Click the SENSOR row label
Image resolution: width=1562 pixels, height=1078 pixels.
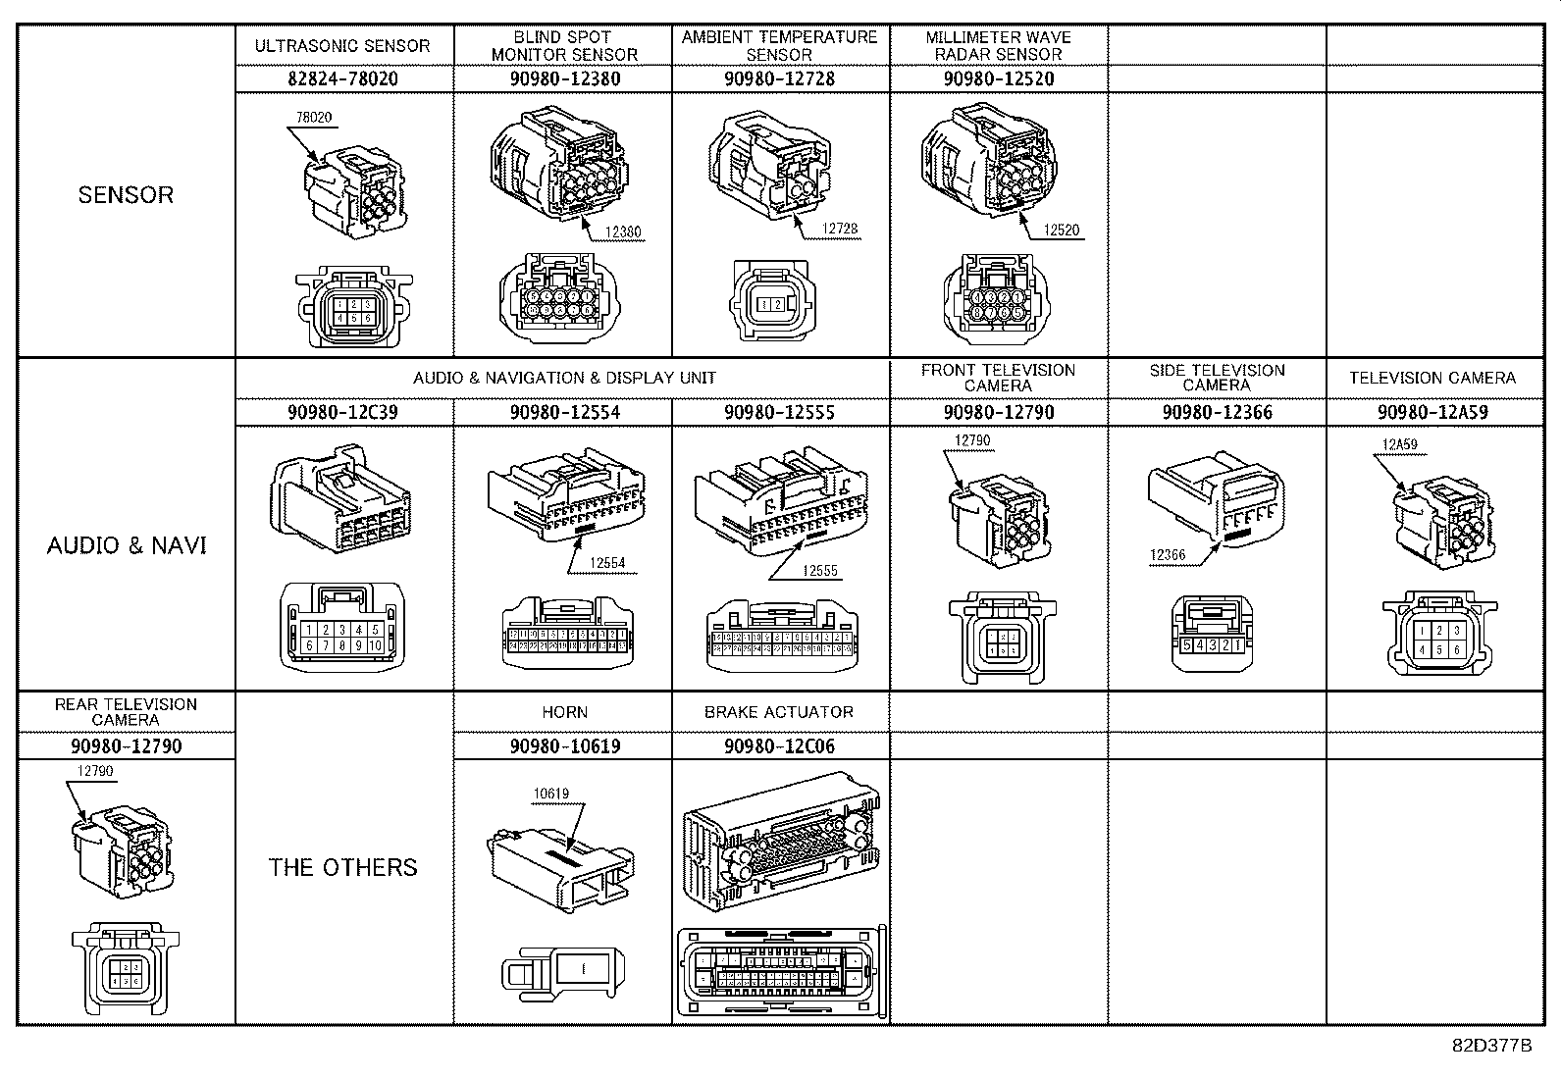coord(126,194)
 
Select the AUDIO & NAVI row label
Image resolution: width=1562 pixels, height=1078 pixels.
coord(127,545)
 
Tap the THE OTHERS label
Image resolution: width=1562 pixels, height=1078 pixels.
coord(343,867)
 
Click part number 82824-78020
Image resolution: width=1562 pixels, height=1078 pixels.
coord(343,78)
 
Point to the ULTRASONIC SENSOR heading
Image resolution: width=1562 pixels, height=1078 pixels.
coord(342,46)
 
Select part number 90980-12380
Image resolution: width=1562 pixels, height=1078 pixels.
coord(564,78)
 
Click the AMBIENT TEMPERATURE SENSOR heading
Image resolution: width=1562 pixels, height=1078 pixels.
coord(780,46)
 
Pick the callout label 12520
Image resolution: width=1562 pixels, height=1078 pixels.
coord(1061,231)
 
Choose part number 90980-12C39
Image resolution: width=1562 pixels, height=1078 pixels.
coord(343,412)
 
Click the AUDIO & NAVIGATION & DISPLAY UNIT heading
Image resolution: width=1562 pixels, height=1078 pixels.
coord(564,378)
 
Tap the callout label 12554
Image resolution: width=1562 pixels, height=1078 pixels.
coord(606,563)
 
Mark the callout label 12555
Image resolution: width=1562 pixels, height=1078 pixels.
coord(820,570)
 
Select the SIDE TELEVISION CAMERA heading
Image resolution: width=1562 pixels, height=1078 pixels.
coord(1217,378)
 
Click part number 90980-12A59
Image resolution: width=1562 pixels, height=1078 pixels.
coord(1432,412)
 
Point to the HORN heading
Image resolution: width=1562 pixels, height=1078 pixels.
coord(564,712)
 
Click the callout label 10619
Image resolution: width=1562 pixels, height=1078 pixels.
coord(551,794)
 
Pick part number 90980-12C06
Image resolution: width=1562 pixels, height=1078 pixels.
coord(780,746)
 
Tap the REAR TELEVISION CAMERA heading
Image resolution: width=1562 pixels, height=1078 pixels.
coord(126,712)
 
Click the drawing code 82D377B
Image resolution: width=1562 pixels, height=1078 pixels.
coord(1491,1045)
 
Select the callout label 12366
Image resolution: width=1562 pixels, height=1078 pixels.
coord(1168,555)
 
